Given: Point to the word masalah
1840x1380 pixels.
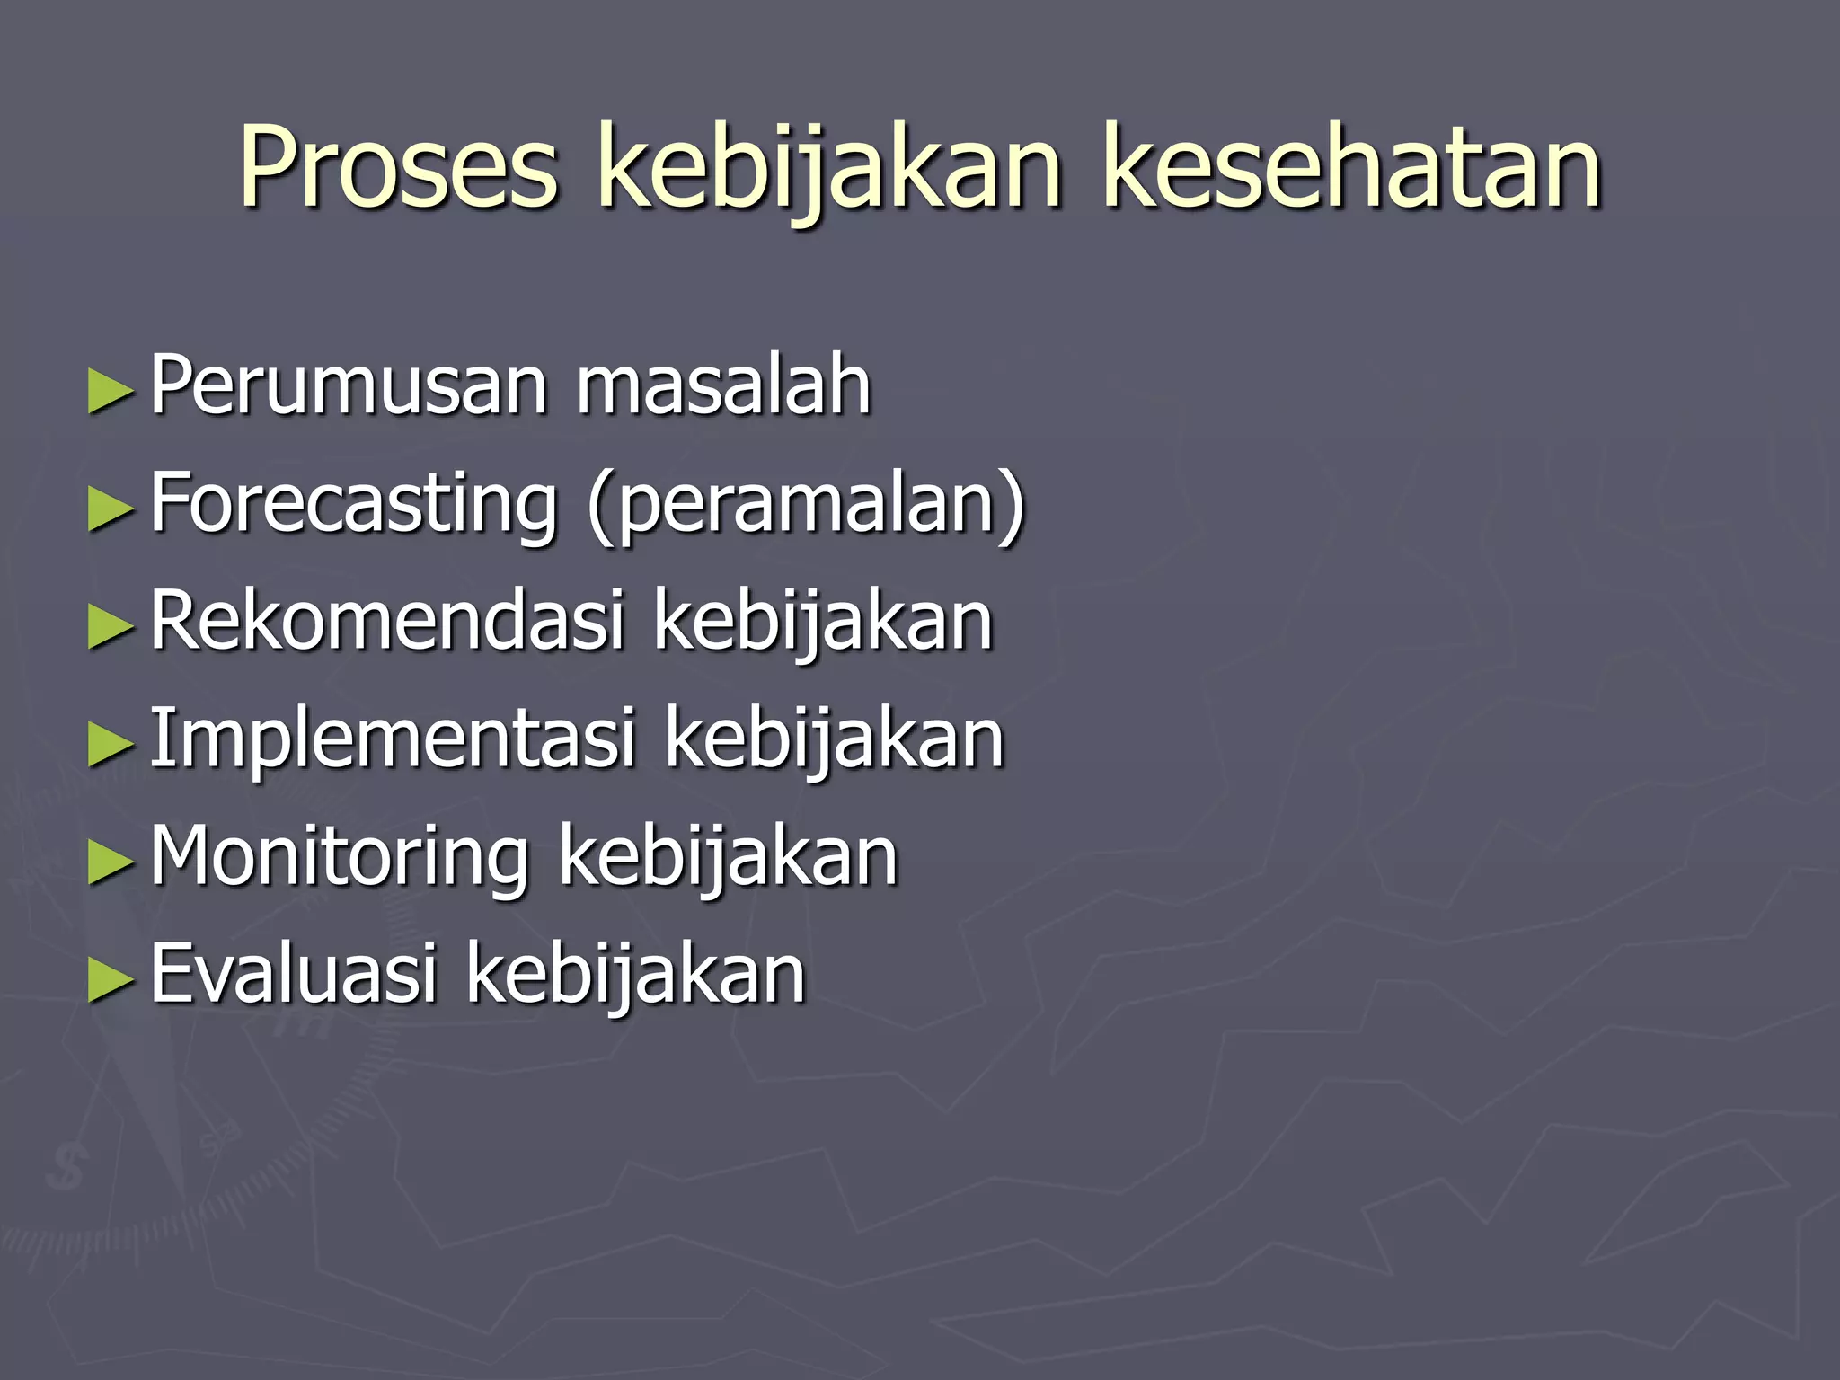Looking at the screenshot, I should (x=723, y=386).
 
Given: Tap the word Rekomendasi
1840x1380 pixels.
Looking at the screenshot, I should (x=386, y=621).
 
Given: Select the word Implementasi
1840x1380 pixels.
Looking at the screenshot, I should (x=393, y=739).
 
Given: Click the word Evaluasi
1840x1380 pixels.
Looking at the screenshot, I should (x=293, y=974).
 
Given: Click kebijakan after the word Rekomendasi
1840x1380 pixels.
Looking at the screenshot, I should (x=823, y=623).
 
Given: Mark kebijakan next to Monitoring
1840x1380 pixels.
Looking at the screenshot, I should (x=728, y=858).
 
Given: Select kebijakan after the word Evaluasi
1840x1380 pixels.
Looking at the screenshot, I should (x=635, y=976).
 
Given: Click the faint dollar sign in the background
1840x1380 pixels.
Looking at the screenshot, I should (x=67, y=1167).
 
